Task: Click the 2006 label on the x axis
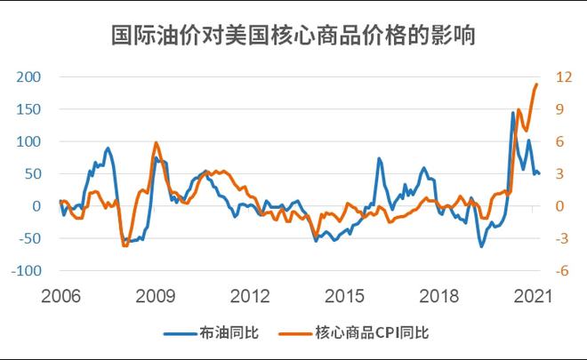pos(60,294)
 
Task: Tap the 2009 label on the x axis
pos(155,294)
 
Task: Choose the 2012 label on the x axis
pos(250,294)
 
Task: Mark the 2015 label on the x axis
pos(345,294)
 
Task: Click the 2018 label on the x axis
pos(439,294)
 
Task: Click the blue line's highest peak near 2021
pos(513,112)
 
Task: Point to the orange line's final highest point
pos(537,84)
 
